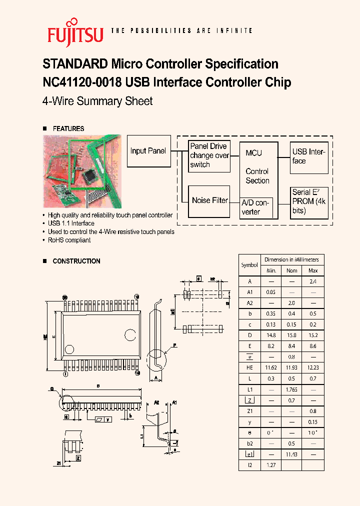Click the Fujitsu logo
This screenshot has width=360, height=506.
75,31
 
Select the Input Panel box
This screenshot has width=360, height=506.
148,151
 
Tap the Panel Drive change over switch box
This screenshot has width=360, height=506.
209,155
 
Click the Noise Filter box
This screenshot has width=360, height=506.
209,200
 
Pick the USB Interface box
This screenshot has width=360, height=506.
309,156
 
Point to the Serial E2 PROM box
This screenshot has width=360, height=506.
309,201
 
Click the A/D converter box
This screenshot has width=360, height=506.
256,207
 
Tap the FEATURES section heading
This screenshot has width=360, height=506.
68,128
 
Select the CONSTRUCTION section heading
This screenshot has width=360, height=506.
76,261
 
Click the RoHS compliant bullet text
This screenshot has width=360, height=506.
69,240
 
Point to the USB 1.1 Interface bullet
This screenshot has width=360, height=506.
71,223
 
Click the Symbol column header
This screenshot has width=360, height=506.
249,265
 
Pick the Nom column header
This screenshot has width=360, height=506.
292,270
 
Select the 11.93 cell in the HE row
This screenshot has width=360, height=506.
292,367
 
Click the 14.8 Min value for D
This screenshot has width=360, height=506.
271,335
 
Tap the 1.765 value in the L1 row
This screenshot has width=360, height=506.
292,389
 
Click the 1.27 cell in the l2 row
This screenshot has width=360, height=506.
271,464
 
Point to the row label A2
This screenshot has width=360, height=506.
249,303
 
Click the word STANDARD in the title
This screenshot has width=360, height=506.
75,64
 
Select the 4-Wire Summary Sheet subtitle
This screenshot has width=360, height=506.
97,101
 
